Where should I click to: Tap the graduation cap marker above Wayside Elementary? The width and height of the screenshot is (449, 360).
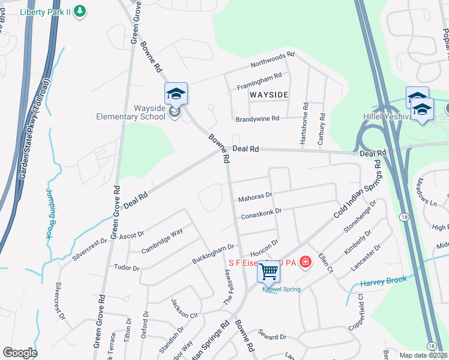[176, 94]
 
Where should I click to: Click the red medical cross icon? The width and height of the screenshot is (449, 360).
[306, 262]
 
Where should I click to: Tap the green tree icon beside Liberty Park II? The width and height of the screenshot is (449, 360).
[80, 11]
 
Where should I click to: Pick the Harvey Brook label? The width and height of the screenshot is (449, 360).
[384, 281]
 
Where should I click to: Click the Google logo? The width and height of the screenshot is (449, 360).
[20, 352]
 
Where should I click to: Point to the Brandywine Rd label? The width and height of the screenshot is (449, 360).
[258, 119]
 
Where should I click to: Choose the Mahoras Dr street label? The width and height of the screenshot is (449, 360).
[255, 196]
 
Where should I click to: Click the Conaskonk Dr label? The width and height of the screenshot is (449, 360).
[261, 213]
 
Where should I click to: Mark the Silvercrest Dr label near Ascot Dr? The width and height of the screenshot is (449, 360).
[89, 250]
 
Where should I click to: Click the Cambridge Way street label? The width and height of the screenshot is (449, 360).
[161, 241]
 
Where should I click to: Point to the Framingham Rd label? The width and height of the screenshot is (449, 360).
[259, 79]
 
